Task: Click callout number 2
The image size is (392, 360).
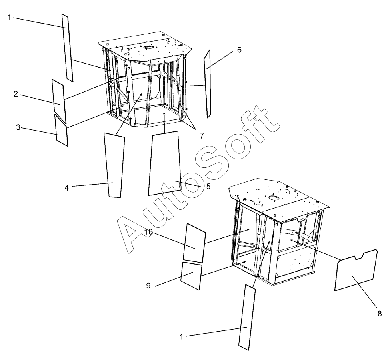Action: point(16,94)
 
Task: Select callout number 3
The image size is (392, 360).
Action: point(18,127)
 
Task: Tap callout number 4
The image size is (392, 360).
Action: point(66,187)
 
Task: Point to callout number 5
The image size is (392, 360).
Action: point(208,187)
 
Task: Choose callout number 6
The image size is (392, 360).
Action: point(239,50)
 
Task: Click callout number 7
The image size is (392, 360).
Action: point(202,136)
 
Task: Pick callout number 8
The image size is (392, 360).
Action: point(380,313)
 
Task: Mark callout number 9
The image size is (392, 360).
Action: point(148,286)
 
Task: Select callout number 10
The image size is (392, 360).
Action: point(148,232)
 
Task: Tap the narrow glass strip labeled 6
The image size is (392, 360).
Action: point(207,84)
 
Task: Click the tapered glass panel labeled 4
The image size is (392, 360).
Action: point(114,165)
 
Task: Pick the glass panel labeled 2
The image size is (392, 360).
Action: point(59,101)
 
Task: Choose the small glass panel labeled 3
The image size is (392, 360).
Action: point(61,130)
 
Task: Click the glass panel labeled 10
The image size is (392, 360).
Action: point(194,243)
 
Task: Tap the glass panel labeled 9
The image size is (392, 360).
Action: point(191,276)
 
